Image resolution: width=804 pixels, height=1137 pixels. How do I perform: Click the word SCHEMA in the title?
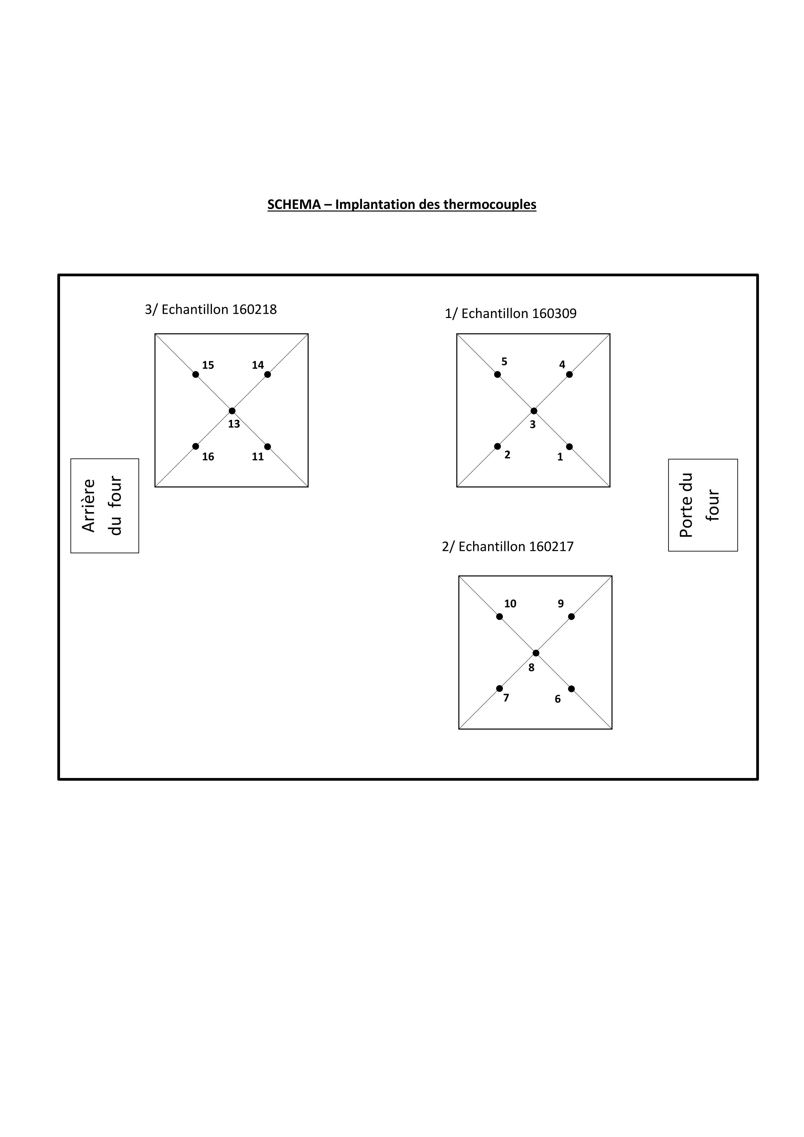294,205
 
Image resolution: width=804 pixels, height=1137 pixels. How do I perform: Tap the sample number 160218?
254,310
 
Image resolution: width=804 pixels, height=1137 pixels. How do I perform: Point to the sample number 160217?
551,547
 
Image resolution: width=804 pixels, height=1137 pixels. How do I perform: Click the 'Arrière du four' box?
104,506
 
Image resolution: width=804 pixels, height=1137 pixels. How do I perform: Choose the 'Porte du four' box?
703,505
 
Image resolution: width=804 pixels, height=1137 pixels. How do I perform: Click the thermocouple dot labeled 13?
232,411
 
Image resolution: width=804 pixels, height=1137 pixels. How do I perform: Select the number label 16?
208,457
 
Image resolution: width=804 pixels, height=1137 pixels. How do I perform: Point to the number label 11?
257,457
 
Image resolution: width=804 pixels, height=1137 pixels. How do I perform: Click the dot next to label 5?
497,374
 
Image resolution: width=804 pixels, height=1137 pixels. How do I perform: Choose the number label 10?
510,604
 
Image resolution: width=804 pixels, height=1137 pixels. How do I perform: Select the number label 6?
557,699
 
